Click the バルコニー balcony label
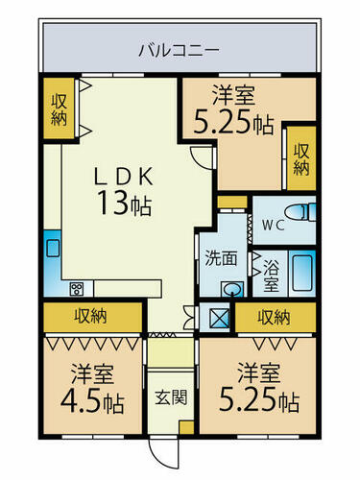[x=180, y=50]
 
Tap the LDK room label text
[x=123, y=177]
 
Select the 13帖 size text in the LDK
[x=125, y=203]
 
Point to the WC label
[x=274, y=226]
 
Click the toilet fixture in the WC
[x=300, y=212]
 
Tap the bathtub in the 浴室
[x=301, y=273]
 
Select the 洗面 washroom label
[x=221, y=258]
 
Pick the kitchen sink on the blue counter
[x=53, y=248]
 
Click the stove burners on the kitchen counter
[x=77, y=289]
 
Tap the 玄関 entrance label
[x=171, y=397]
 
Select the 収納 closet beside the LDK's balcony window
[x=60, y=108]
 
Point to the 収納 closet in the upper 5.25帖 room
[x=301, y=158]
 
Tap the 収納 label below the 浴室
[x=275, y=317]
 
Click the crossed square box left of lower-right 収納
[x=219, y=318]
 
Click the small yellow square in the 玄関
[x=186, y=428]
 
